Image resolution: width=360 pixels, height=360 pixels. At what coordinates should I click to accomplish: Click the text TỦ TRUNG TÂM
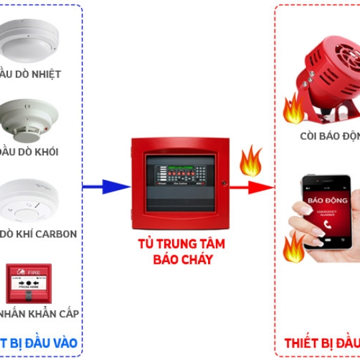pos(181,244)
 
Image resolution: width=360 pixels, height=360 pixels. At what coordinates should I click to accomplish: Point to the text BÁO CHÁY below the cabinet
pos(181,259)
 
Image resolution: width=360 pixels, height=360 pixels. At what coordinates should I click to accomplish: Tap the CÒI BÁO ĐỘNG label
pos(329,136)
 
